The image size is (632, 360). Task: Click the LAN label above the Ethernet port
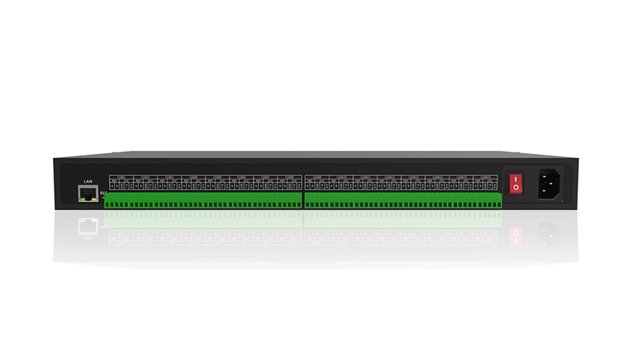pos(88,181)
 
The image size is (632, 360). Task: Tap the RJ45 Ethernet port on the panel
pos(88,193)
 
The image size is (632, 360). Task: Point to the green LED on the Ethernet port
pos(82,199)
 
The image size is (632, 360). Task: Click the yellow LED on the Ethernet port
pos(93,199)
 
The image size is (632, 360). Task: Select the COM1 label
pos(120,176)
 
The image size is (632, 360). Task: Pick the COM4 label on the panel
pos(194,176)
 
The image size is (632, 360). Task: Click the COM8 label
pos(289,176)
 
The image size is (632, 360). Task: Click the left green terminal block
pos(203,200)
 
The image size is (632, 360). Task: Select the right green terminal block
pos(403,200)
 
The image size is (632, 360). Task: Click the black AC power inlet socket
pos(550,186)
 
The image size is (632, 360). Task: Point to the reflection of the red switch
pos(515,235)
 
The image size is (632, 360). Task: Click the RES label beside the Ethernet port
pos(103,192)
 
